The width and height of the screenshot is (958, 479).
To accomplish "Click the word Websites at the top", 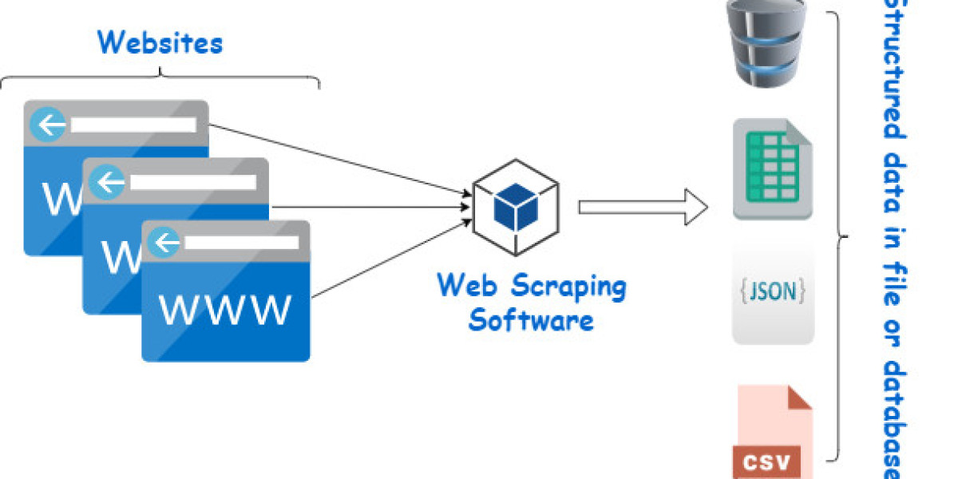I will click(160, 42).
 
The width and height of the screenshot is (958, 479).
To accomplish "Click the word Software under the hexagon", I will click(531, 320).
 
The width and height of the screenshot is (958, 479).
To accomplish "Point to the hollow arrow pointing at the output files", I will click(642, 208).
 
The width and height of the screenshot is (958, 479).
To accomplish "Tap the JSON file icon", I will click(773, 292).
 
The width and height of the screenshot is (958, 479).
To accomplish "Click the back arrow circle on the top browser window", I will click(49, 125).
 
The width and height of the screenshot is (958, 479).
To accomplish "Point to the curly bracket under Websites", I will click(160, 78).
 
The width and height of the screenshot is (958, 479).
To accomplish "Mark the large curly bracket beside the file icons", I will click(838, 236).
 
